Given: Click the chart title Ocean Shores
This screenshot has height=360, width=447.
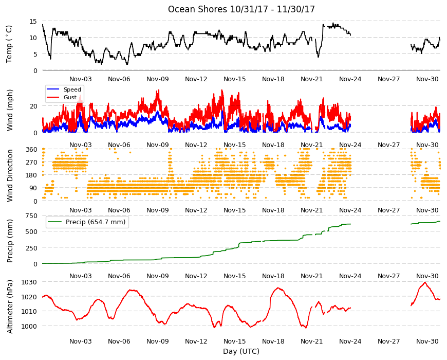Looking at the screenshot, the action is pos(197,9).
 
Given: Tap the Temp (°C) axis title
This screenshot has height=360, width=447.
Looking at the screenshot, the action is pos(9,44).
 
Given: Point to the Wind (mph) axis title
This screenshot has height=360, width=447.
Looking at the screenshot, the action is pos(10,110).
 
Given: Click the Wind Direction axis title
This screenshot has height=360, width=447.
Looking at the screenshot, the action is pos(10,176).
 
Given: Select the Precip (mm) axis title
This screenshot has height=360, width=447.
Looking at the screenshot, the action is pos(10,241).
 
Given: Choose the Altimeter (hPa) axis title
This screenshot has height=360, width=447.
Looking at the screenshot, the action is pos(10,307).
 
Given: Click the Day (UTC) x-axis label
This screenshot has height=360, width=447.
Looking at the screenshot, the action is pos(241,351).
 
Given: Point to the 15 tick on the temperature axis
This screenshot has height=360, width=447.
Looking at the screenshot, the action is pos(33,22).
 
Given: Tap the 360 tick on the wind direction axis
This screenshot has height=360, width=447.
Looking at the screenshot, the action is pos(31,149).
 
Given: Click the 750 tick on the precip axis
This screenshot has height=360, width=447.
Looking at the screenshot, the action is pos(31,216).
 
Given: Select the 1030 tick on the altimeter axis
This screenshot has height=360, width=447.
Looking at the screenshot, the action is pos(29,282).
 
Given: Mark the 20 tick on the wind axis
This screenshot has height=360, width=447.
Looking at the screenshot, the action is pos(33,106).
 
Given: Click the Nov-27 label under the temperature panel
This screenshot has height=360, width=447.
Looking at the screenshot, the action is pos(388,79).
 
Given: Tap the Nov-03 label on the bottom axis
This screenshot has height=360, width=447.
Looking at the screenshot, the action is pos(81,341).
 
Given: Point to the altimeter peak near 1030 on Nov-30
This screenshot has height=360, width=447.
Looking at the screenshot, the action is pos(425,282).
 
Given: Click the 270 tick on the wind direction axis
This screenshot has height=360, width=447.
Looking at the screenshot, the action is pos(31,163).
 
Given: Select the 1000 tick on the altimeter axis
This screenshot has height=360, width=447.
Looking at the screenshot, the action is pos(29,326).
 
